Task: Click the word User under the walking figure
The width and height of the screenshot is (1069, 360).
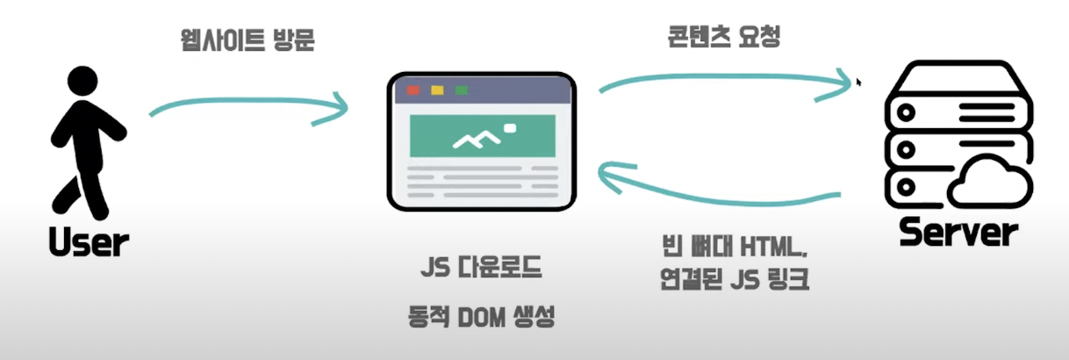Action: (x=90, y=241)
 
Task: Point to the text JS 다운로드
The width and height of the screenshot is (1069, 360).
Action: (x=478, y=266)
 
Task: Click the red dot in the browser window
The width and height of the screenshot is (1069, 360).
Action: (x=413, y=90)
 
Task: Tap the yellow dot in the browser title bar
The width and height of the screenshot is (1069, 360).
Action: (x=437, y=90)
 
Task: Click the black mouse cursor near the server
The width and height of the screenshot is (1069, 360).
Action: (x=858, y=81)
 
